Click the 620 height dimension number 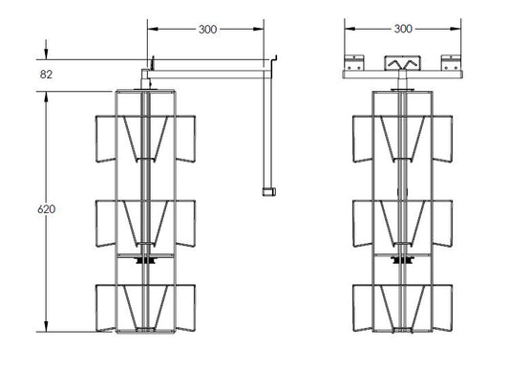(x=47, y=209)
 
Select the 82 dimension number (x=46, y=75)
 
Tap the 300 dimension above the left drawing (x=208, y=30)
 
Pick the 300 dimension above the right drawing (x=403, y=29)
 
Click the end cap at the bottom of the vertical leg (x=269, y=192)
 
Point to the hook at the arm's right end (x=275, y=58)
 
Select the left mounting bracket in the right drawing (x=354, y=63)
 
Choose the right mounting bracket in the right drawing (x=451, y=63)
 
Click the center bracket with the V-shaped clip (x=403, y=63)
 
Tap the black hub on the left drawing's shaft (x=146, y=260)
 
